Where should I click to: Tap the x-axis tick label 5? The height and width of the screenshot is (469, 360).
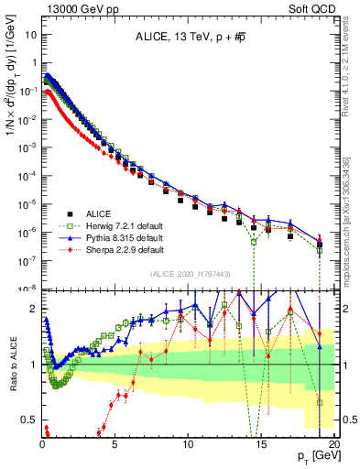tap(115, 442)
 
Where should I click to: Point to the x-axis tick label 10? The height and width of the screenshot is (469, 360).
tap(189, 442)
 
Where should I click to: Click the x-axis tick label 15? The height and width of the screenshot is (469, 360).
tap(261, 442)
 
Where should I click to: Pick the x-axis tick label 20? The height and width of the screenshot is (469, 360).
tap(333, 442)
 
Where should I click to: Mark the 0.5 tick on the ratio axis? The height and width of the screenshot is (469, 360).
tap(31, 420)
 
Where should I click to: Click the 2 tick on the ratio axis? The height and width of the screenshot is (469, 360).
tap(35, 308)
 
